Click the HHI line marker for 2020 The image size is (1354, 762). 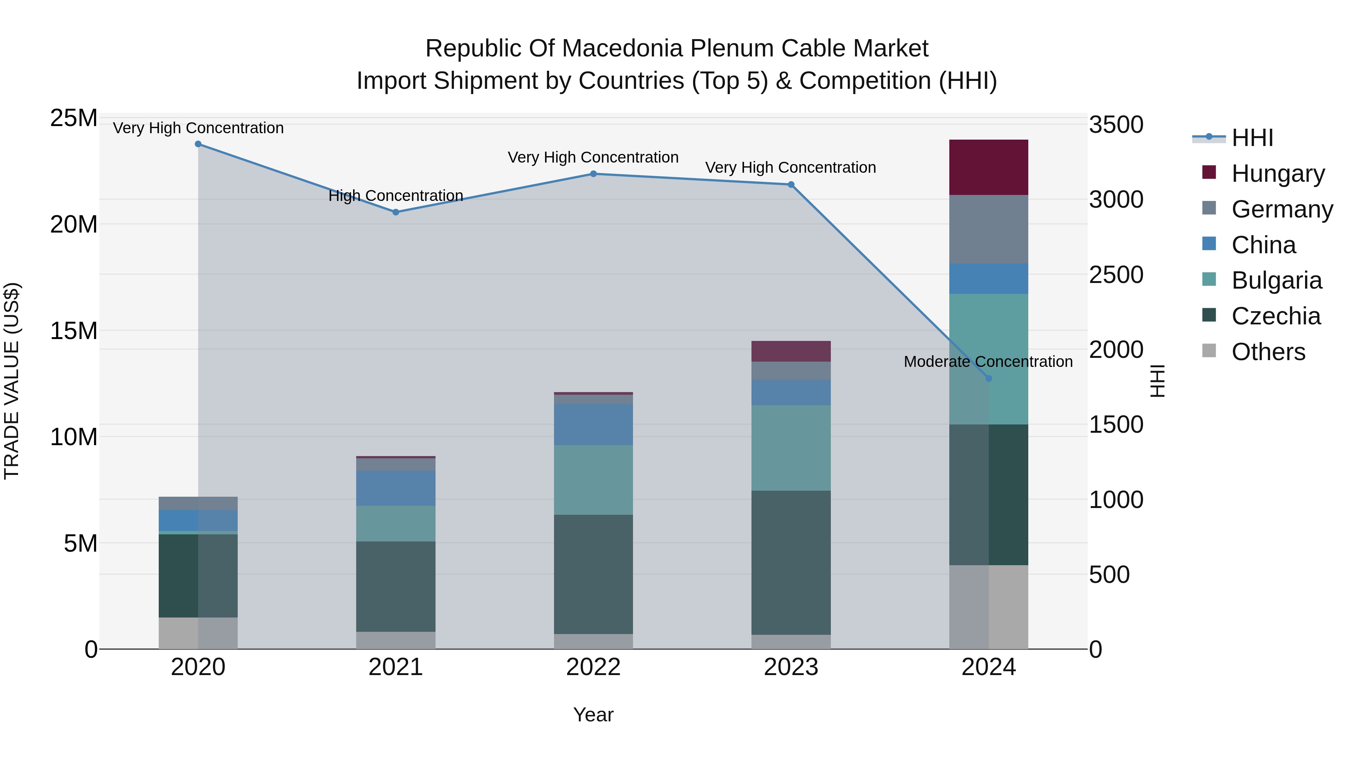(198, 144)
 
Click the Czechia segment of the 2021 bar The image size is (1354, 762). (396, 586)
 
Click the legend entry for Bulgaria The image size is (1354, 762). (1276, 280)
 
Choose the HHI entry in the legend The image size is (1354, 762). (1252, 138)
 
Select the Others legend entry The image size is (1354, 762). (1268, 352)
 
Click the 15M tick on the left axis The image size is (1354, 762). (74, 331)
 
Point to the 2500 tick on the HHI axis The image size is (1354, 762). (1116, 275)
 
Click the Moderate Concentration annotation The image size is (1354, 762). (988, 362)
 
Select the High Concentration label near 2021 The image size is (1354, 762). (395, 196)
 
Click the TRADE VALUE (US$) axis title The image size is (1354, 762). (12, 381)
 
